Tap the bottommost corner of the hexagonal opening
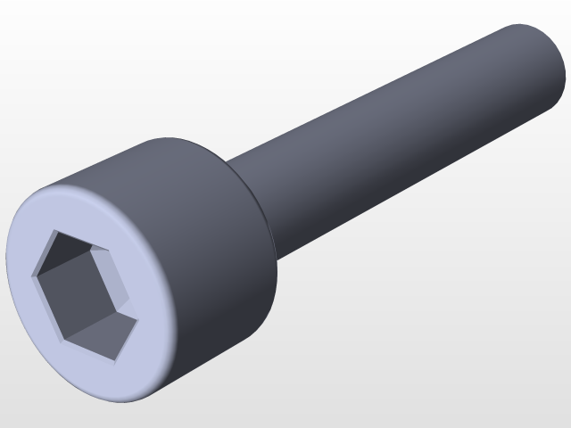114,361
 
